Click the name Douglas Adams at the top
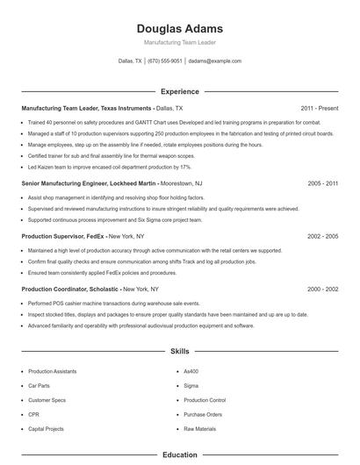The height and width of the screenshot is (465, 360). [x=179, y=28]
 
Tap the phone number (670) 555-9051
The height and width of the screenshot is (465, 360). [x=165, y=61]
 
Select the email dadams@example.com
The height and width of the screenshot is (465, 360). [x=214, y=61]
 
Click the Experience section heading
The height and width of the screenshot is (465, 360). [x=179, y=91]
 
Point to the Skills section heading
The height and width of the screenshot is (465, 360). [x=179, y=351]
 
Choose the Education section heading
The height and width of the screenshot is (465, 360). [x=179, y=455]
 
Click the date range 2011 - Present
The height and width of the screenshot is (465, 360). [x=320, y=108]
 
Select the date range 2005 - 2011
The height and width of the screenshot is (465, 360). [x=323, y=183]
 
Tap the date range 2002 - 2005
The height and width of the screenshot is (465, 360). [x=323, y=236]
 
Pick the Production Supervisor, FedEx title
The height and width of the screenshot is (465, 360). [x=63, y=236]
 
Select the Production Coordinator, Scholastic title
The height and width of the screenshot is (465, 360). [x=71, y=289]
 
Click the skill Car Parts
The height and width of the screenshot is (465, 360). [x=40, y=385]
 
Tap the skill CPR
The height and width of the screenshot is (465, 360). [x=34, y=414]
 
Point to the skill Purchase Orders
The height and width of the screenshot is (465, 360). [x=203, y=414]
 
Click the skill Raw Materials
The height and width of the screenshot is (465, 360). [x=200, y=428]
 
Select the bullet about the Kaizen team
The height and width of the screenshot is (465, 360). [x=110, y=166]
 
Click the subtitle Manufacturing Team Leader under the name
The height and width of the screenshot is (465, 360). [x=179, y=42]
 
